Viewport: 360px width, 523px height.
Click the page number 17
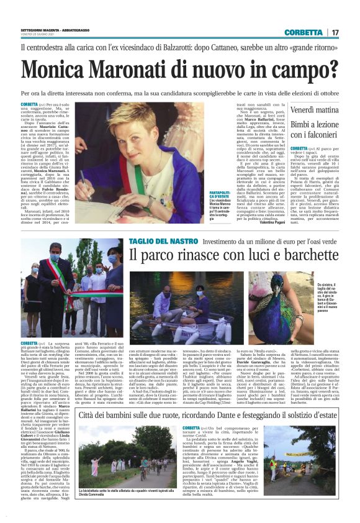click(x=336, y=33)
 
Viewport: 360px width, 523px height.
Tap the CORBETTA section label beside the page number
click(x=304, y=33)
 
